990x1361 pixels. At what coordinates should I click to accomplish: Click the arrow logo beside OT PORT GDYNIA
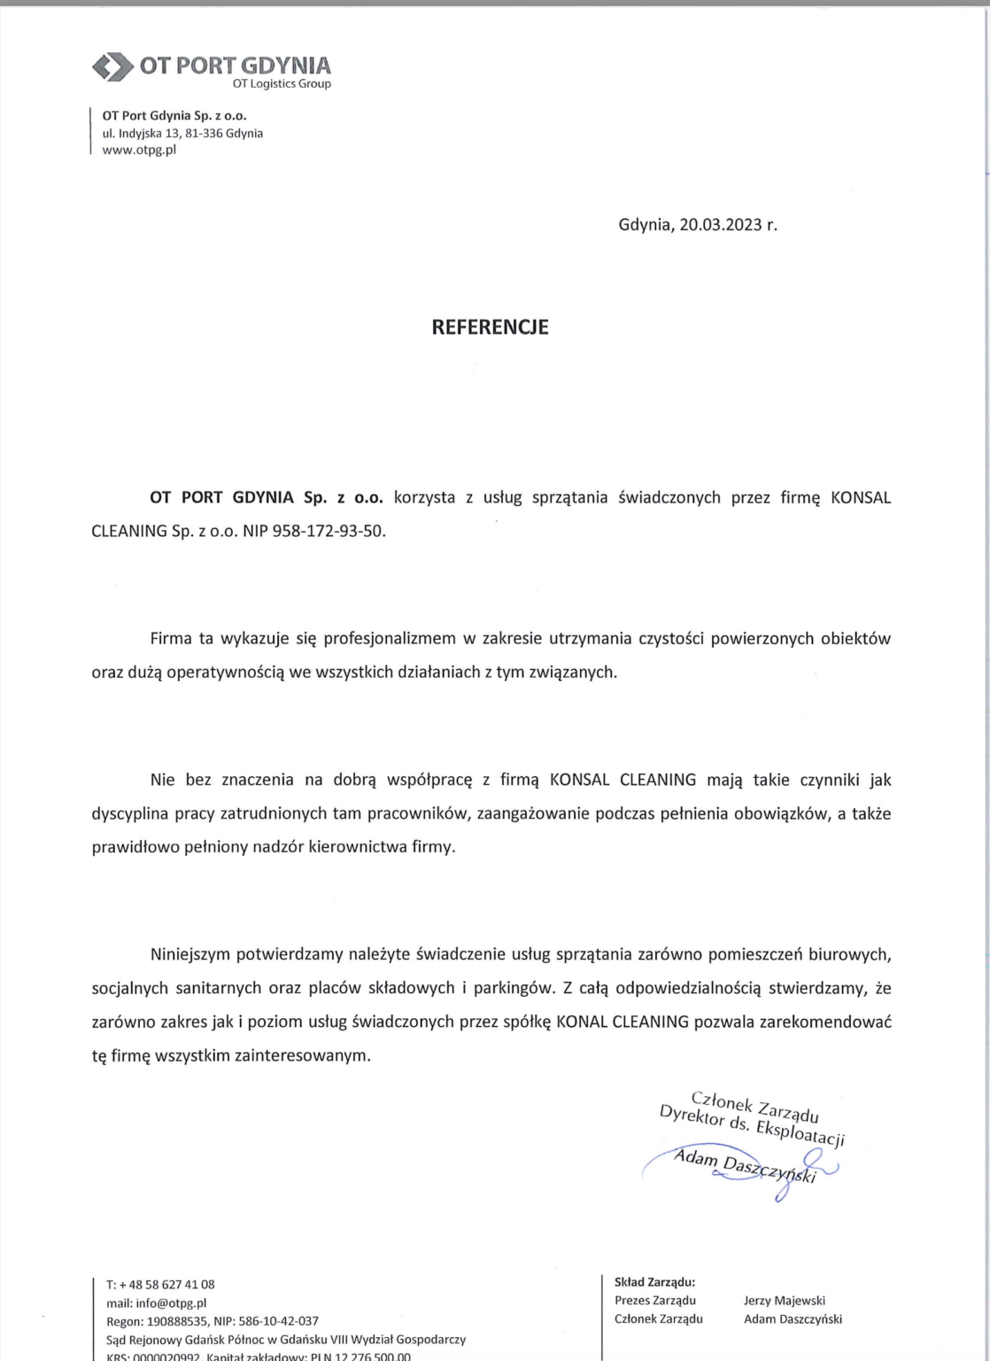tap(112, 66)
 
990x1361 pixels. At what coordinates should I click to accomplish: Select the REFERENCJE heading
tap(490, 327)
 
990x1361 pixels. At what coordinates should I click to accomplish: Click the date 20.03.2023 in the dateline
tap(721, 224)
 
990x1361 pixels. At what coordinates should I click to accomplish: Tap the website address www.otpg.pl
tap(139, 150)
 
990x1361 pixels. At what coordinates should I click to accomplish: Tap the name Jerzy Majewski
tap(785, 1301)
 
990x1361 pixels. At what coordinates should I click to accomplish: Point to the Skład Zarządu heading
tap(654, 1281)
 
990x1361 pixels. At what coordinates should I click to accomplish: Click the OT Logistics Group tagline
tap(282, 84)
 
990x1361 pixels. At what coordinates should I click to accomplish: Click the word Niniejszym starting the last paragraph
tap(189, 954)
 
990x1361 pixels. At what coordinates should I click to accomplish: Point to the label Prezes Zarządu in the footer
tap(655, 1301)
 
